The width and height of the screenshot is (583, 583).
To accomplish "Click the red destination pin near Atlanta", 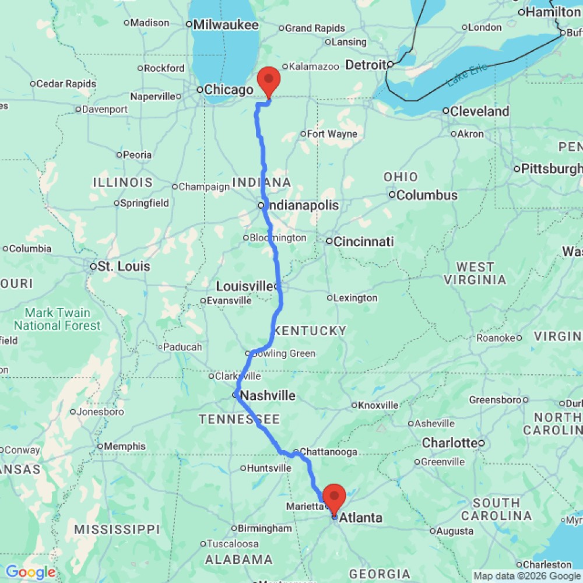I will [x=335, y=497].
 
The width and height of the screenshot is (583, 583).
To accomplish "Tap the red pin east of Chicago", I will [x=269, y=81].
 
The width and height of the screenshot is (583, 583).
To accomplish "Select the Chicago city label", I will [x=228, y=90].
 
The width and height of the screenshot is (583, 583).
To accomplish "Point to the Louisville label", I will [x=244, y=286].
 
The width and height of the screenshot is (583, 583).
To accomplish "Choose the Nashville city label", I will [x=268, y=396].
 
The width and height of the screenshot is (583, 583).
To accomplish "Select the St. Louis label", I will [x=124, y=266].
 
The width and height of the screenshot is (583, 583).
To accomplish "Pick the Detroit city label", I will [x=366, y=65].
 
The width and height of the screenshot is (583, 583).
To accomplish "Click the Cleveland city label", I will [x=480, y=111].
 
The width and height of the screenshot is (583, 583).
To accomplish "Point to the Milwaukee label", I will [x=225, y=24].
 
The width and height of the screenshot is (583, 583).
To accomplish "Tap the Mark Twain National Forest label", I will [x=57, y=319].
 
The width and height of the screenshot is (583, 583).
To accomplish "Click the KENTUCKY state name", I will [x=310, y=331].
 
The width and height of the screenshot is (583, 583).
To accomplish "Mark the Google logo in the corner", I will [x=30, y=572].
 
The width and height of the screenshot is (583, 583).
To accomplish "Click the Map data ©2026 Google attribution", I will [x=527, y=576].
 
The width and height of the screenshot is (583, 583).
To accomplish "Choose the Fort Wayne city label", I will [x=332, y=134].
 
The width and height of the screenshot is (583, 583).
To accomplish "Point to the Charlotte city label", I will [x=449, y=442].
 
